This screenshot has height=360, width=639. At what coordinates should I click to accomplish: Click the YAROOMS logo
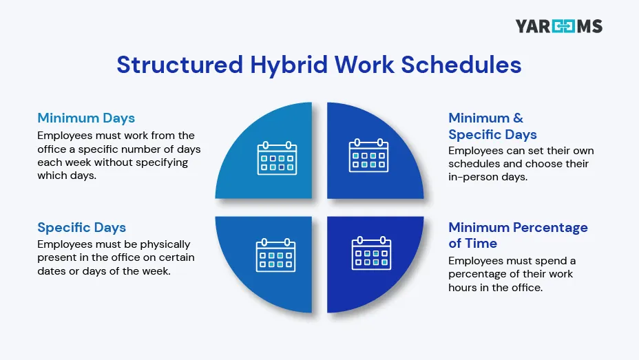(558, 27)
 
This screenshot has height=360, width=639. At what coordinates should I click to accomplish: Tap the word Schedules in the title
(460, 64)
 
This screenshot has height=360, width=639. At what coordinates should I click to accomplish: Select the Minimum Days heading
(86, 118)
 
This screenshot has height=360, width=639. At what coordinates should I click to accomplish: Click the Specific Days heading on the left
(81, 227)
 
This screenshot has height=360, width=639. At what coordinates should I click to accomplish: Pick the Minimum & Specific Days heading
(492, 126)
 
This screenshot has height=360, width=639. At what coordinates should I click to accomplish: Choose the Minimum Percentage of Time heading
(518, 235)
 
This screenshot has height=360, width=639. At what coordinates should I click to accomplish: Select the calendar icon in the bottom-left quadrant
(275, 254)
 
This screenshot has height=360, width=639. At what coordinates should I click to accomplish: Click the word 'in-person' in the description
(473, 177)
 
